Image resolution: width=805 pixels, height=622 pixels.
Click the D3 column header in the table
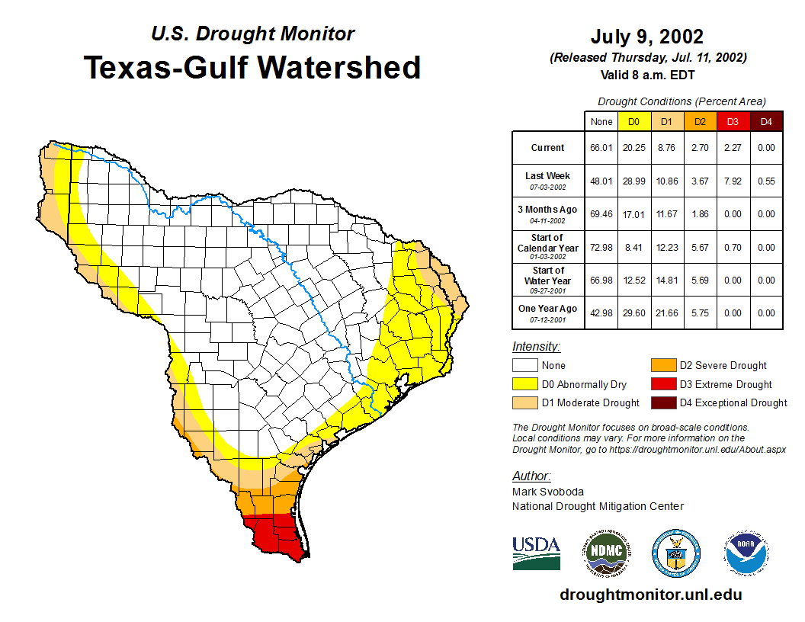(x=733, y=121)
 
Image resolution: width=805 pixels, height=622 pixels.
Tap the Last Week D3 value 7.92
(x=733, y=181)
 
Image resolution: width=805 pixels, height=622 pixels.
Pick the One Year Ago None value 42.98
(x=601, y=313)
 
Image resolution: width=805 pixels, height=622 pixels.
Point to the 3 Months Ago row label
(x=547, y=213)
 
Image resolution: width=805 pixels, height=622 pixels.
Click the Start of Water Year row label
(x=547, y=280)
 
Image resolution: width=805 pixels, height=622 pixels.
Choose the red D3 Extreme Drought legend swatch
(x=662, y=384)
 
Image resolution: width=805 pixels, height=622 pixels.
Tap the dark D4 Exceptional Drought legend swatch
(x=662, y=402)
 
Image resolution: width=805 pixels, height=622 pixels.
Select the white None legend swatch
(x=525, y=366)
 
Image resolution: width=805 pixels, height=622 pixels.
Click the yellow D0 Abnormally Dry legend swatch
(x=525, y=384)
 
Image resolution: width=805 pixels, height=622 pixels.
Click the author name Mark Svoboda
(x=547, y=492)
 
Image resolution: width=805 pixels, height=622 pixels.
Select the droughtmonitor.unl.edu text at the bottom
(x=650, y=595)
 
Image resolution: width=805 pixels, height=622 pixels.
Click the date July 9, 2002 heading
(x=646, y=37)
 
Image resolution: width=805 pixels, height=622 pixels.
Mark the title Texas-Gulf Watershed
(x=252, y=67)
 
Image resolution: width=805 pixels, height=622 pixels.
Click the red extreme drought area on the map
(x=274, y=537)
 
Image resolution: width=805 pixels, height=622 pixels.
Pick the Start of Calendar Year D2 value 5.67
(x=700, y=247)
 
